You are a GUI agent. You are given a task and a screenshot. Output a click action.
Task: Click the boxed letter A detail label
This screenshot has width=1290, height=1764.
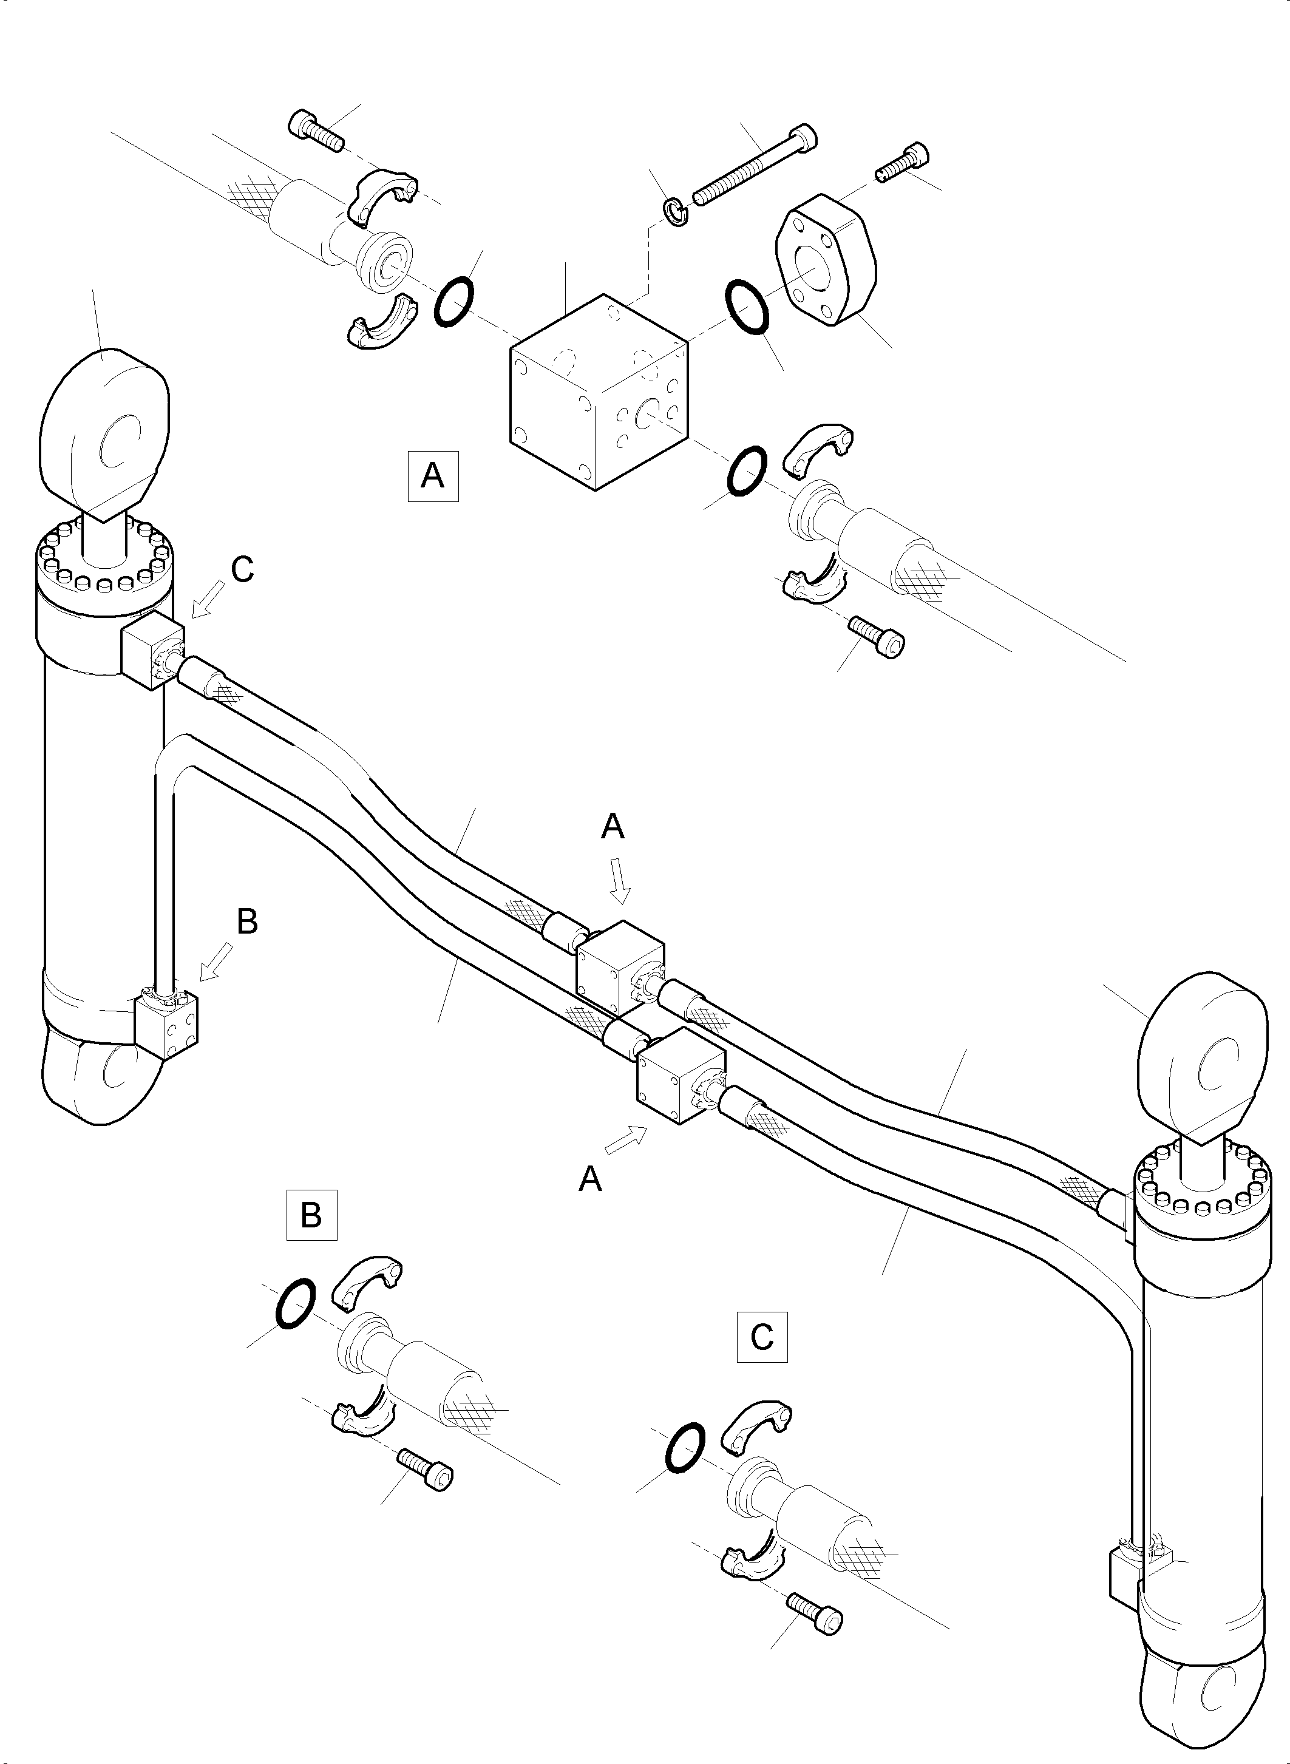click(x=433, y=475)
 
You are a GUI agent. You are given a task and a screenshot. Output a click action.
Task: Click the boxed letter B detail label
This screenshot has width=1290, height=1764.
click(x=311, y=1214)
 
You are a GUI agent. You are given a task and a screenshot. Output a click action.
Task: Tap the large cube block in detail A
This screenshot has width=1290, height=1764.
click(x=600, y=392)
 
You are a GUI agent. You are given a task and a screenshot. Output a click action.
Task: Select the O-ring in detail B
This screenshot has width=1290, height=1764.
click(x=296, y=1303)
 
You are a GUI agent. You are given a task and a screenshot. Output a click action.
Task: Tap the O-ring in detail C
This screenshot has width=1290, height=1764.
click(x=685, y=1448)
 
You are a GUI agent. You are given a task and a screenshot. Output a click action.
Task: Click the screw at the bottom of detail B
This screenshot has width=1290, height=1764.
click(x=426, y=1469)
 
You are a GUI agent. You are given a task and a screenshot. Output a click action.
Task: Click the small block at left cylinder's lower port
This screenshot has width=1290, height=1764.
click(x=166, y=1023)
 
